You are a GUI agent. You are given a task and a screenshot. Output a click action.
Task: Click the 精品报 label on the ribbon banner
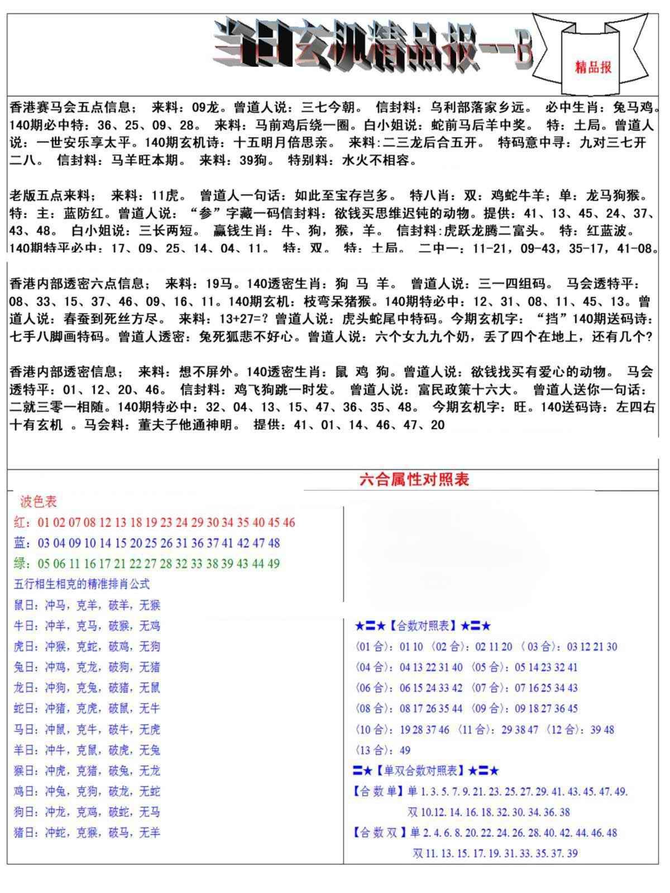point(593,68)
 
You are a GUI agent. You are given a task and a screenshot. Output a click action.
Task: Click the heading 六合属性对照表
point(414,479)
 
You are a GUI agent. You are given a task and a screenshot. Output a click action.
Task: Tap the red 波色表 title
point(38,502)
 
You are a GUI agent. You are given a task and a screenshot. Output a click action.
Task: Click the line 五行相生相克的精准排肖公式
point(82,584)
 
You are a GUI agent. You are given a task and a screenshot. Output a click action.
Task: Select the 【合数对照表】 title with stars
point(423,626)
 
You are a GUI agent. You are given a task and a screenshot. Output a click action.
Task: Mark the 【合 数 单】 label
point(378,791)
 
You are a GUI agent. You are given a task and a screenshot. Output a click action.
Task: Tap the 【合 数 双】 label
point(379,833)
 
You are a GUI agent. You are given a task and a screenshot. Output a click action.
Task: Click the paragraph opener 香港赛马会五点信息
point(70,107)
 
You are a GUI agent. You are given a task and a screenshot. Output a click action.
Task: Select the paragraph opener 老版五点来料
point(50,195)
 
